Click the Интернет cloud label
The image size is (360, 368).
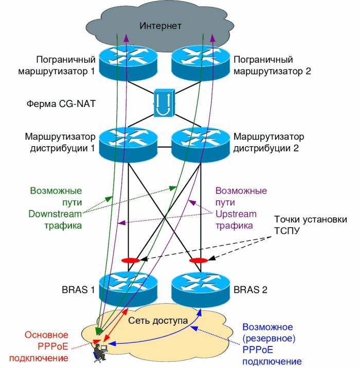tap(160, 25)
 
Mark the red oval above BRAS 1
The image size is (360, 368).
tap(130, 260)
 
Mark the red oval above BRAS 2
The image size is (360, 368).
tap(198, 260)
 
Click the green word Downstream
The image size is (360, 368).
tap(56, 213)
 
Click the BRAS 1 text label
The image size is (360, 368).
tap(78, 289)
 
